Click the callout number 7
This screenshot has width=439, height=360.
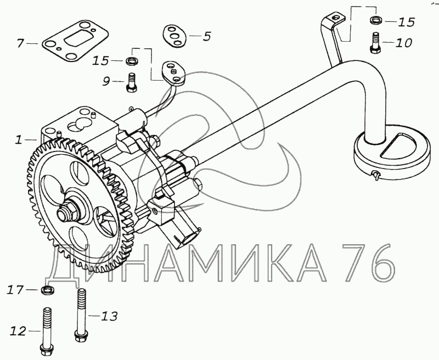[x=21, y=43]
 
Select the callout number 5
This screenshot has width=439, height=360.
[x=207, y=36]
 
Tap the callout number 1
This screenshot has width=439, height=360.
[x=19, y=139]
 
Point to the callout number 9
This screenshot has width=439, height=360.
[x=106, y=81]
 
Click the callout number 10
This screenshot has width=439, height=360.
[x=404, y=43]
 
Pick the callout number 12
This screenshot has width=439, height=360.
[x=18, y=331]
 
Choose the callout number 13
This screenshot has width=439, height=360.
[x=109, y=316]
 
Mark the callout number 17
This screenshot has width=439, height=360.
[x=15, y=290]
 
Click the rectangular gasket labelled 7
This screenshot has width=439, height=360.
[x=75, y=41]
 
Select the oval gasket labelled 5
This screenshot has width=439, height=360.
[x=175, y=35]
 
